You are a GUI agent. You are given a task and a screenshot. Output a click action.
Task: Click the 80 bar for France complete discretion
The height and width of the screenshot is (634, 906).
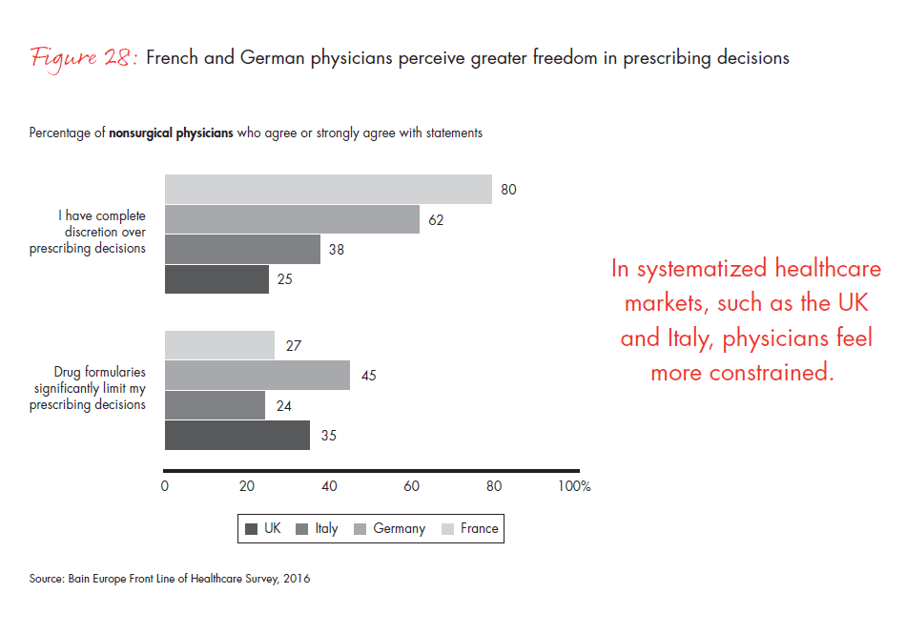pyautogui.click(x=328, y=189)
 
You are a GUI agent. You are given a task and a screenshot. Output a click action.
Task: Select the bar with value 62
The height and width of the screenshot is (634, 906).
pyautogui.click(x=292, y=219)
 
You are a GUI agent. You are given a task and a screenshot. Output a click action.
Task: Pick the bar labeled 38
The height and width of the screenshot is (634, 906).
pyautogui.click(x=242, y=249)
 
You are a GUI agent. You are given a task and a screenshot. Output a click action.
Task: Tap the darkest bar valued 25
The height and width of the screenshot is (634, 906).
pyautogui.click(x=216, y=279)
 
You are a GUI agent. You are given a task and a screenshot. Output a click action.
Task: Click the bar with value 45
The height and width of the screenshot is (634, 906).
pyautogui.click(x=257, y=375)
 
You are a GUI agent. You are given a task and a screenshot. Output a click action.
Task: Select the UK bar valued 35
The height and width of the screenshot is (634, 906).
pyautogui.click(x=237, y=435)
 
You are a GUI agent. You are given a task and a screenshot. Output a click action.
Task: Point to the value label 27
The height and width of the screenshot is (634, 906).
pyautogui.click(x=294, y=345)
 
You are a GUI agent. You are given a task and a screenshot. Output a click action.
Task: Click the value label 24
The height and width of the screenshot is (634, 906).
pyautogui.click(x=284, y=405)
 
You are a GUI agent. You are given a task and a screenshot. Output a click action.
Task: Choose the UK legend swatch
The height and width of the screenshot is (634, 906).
pyautogui.click(x=252, y=529)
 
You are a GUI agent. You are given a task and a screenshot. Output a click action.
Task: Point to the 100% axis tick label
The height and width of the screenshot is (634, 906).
pyautogui.click(x=574, y=486)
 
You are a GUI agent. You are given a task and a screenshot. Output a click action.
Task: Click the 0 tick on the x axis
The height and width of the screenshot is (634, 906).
pyautogui.click(x=165, y=486)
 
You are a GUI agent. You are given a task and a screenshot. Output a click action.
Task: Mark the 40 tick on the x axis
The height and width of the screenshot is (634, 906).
pyautogui.click(x=330, y=486)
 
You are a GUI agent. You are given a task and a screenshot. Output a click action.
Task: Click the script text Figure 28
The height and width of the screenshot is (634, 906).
pyautogui.click(x=85, y=58)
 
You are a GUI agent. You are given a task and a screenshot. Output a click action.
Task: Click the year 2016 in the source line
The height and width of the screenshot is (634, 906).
pyautogui.click(x=295, y=579)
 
